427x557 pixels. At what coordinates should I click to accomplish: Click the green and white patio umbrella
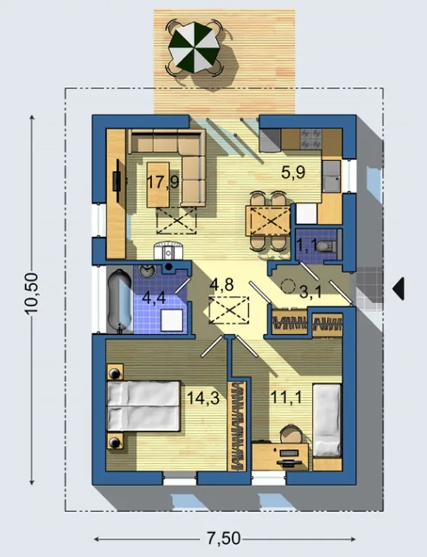(194, 47)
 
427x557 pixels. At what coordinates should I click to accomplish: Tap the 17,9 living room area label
(162, 183)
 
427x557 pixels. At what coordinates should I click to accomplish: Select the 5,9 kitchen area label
(293, 173)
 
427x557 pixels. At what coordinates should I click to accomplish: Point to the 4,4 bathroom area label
(154, 297)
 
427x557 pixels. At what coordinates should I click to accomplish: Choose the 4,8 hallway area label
(222, 284)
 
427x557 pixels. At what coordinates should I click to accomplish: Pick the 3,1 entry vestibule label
(310, 292)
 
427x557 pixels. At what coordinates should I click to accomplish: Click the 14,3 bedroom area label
(203, 398)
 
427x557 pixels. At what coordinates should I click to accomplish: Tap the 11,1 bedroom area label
(286, 397)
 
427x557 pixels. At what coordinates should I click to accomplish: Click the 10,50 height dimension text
(31, 294)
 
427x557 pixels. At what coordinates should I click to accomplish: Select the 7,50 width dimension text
(223, 538)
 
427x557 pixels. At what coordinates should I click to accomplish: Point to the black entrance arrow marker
(398, 289)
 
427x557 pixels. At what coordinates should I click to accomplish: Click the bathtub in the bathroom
(120, 301)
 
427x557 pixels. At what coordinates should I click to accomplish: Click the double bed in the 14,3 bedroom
(144, 406)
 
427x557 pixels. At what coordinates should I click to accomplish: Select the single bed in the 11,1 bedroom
(327, 420)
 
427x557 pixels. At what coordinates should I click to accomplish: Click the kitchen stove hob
(311, 139)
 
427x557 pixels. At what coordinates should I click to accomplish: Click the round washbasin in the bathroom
(147, 271)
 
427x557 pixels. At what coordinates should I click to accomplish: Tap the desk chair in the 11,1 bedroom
(291, 434)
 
